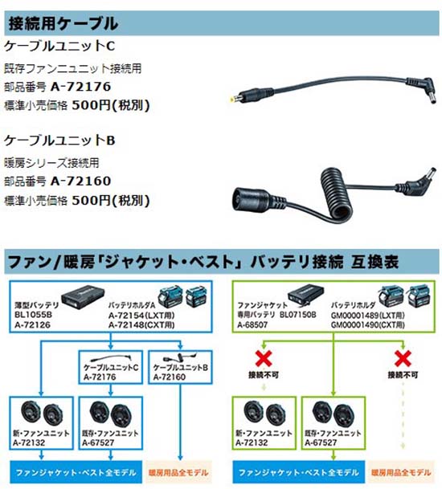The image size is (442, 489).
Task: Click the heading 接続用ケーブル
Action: click(x=63, y=23)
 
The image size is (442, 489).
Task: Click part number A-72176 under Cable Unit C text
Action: click(x=80, y=87)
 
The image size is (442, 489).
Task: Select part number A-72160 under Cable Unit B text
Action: click(x=80, y=181)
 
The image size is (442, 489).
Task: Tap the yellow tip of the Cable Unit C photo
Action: click(x=232, y=100)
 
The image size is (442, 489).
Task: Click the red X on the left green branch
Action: click(x=264, y=358)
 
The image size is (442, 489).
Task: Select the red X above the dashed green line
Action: click(x=403, y=358)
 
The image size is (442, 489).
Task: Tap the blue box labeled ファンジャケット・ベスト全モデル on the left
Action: click(x=76, y=472)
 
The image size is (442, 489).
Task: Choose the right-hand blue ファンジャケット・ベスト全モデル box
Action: click(x=299, y=472)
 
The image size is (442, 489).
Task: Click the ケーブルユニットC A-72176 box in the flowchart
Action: click(x=111, y=367)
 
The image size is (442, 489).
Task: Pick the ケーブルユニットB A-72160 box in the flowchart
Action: click(x=180, y=367)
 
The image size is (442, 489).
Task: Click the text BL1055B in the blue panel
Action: click(x=33, y=315)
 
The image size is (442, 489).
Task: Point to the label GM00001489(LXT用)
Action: click(x=368, y=316)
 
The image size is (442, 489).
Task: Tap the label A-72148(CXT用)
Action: click(x=141, y=325)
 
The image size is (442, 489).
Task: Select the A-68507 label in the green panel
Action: click(x=252, y=325)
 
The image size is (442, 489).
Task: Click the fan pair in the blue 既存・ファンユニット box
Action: click(x=111, y=414)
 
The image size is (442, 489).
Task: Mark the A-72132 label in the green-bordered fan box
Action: click(x=252, y=442)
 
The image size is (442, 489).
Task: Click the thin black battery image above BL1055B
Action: click(x=83, y=296)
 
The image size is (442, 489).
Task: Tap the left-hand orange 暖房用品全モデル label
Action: click(x=178, y=472)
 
